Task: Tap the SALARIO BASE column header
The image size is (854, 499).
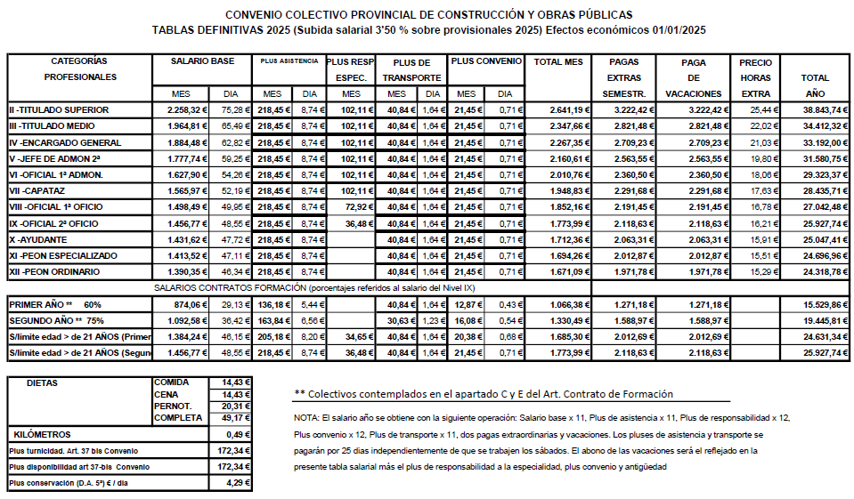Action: coord(203,61)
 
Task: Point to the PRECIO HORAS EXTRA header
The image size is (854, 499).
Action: coord(755,77)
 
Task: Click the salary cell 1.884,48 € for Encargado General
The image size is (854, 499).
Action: coord(187,142)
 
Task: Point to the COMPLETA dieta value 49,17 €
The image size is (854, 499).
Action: coord(235,417)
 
